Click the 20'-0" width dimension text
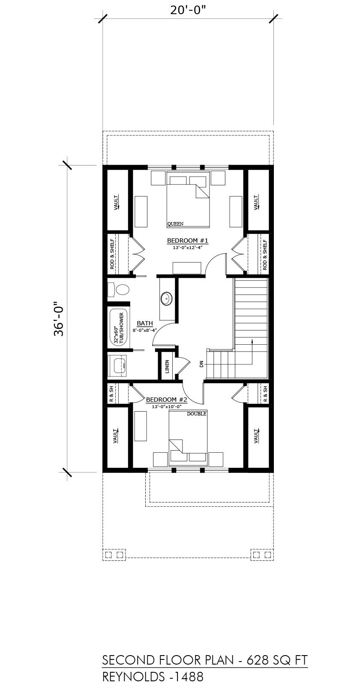(x=188, y=11)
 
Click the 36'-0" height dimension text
(x=58, y=319)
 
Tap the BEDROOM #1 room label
(x=188, y=241)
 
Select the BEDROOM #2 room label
(x=167, y=400)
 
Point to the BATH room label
(x=145, y=323)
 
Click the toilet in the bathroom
(x=118, y=289)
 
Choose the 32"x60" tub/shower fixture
(x=119, y=328)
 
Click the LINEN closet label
(x=167, y=366)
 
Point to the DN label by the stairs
(x=201, y=364)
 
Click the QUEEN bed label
(x=175, y=224)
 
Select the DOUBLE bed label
(x=197, y=414)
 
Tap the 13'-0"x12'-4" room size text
(x=188, y=247)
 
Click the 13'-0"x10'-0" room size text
(x=167, y=406)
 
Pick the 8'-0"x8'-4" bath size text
(x=145, y=330)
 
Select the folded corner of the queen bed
(x=201, y=191)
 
